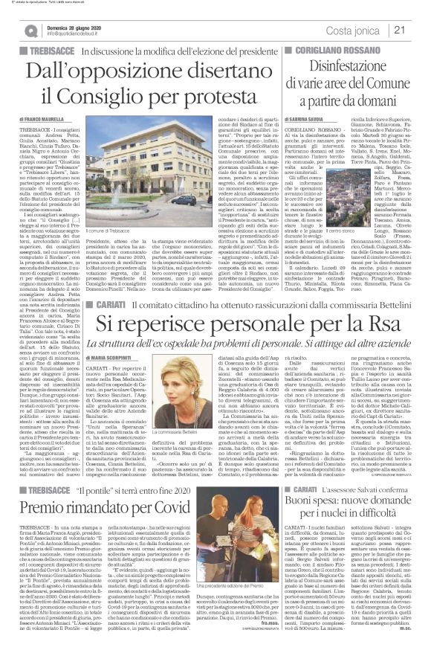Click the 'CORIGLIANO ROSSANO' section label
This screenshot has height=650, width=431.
coord(324,47)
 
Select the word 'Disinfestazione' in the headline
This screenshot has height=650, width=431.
coord(355,65)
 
